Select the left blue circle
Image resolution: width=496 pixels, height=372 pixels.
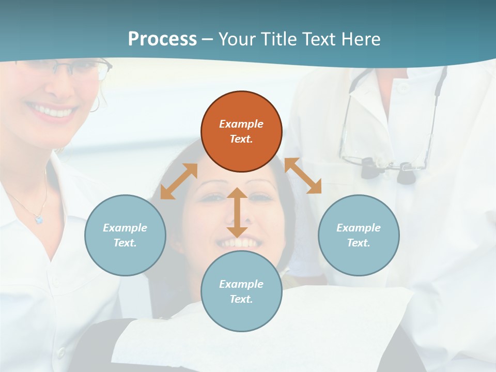point(125,235)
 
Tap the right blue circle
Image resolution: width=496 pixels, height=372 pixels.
point(359,235)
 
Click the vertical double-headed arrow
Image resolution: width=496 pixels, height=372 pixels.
point(237,212)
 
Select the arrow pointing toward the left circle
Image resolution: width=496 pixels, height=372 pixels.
point(179,181)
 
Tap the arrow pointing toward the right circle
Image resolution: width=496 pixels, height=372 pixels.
point(303,176)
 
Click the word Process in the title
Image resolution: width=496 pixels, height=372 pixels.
point(162,39)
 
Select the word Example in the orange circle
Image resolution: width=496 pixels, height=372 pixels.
point(241,124)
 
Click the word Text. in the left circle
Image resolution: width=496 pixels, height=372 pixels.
point(125,243)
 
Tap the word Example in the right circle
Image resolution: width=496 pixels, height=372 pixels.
point(359,228)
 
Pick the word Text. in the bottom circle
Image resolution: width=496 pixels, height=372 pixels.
point(241,299)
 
